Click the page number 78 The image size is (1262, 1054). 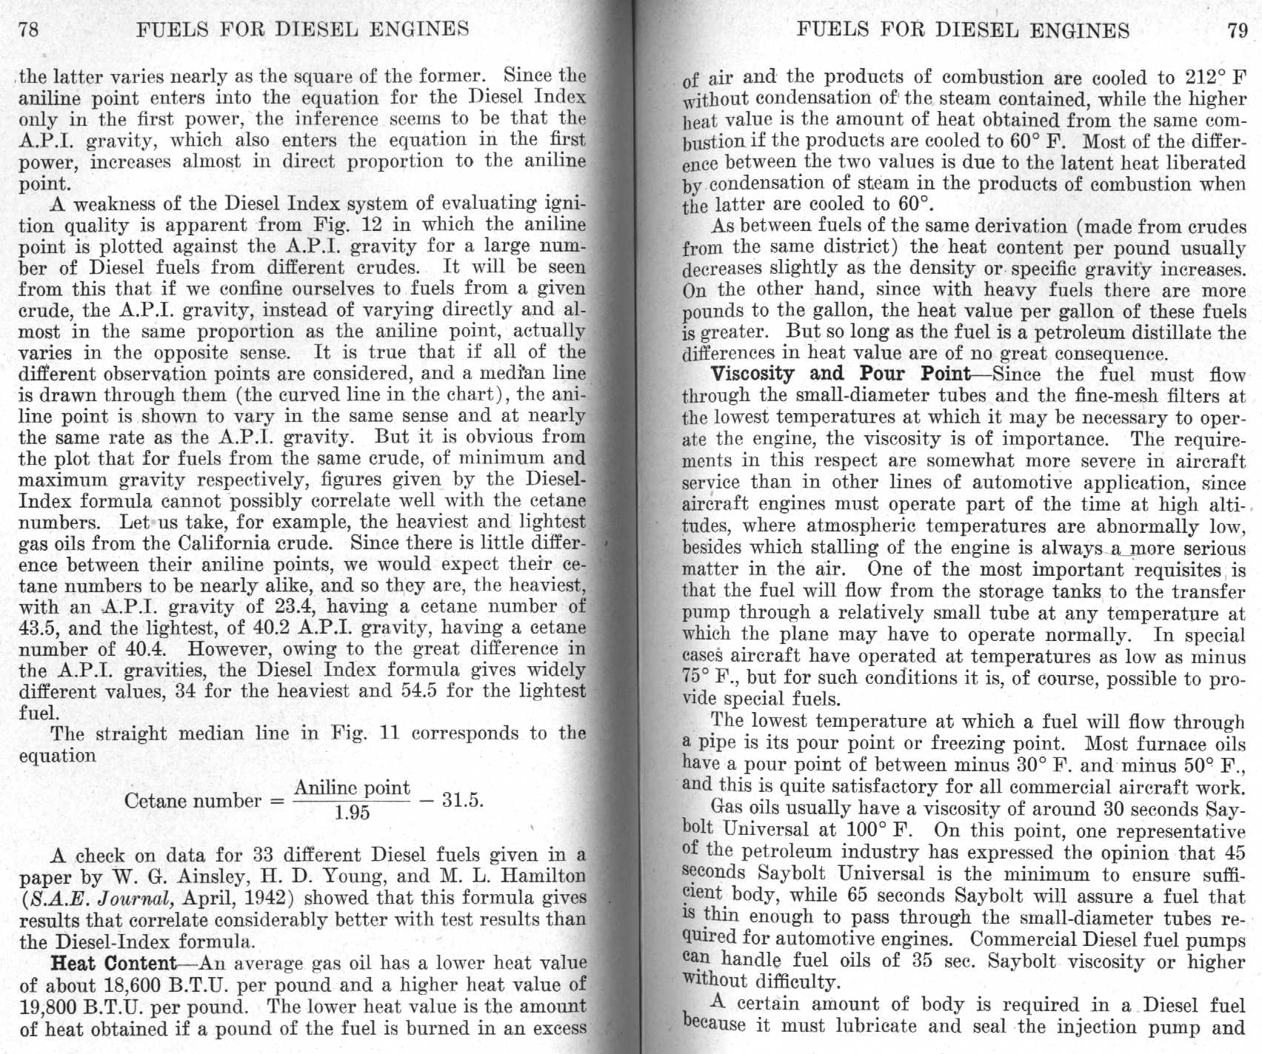30,29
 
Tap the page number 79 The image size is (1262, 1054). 1238,30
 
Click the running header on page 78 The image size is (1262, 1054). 303,29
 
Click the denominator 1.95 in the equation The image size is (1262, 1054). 352,813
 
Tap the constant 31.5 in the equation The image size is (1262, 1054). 462,801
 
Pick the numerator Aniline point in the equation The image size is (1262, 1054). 352,788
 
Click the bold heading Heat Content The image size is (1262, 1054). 113,964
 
